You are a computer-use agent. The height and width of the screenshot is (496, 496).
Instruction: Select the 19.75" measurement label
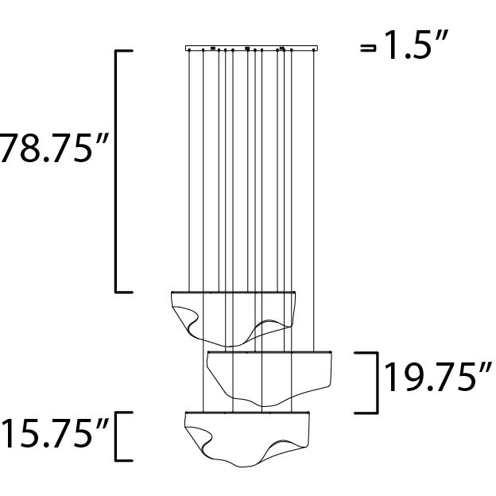pyautogui.click(x=435, y=379)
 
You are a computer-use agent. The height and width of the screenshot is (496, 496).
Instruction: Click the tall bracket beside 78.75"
pyautogui.click(x=118, y=171)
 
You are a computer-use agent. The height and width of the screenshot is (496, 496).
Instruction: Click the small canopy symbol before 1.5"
pyautogui.click(x=368, y=48)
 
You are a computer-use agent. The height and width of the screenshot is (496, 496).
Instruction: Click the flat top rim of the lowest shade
pyautogui.click(x=246, y=413)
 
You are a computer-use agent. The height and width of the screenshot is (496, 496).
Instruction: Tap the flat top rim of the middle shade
pyautogui.click(x=269, y=351)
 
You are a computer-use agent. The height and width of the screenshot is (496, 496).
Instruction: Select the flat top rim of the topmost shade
pyautogui.click(x=235, y=292)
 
